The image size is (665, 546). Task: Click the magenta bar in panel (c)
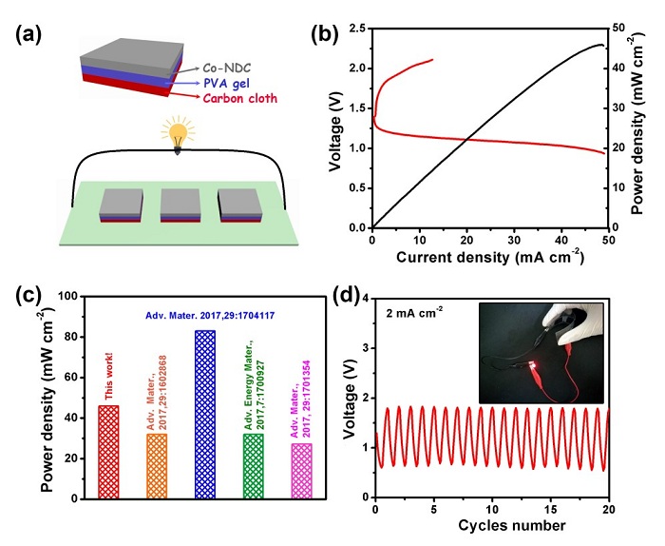(x=302, y=471)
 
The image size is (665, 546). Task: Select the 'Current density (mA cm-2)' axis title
(x=488, y=258)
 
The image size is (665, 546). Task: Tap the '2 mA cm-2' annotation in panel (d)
(x=416, y=310)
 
